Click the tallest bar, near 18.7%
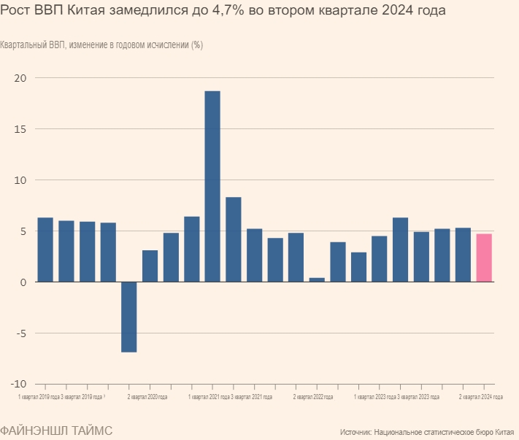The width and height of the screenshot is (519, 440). click(212, 186)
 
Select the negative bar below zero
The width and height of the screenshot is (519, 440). click(129, 317)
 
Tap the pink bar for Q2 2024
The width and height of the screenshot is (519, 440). click(484, 258)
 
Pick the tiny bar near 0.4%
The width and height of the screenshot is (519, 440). click(317, 279)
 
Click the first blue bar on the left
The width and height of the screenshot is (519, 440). click(45, 250)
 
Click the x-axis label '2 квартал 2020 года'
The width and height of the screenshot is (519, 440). click(147, 397)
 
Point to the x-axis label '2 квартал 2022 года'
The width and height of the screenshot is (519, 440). click(313, 397)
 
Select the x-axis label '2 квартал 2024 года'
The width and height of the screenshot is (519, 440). click(480, 397)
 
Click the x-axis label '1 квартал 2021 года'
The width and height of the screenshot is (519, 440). click(209, 397)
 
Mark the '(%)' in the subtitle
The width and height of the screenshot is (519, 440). click(197, 45)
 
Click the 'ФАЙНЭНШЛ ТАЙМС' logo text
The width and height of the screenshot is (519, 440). click(56, 431)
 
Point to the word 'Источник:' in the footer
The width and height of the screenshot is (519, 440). click(356, 433)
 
